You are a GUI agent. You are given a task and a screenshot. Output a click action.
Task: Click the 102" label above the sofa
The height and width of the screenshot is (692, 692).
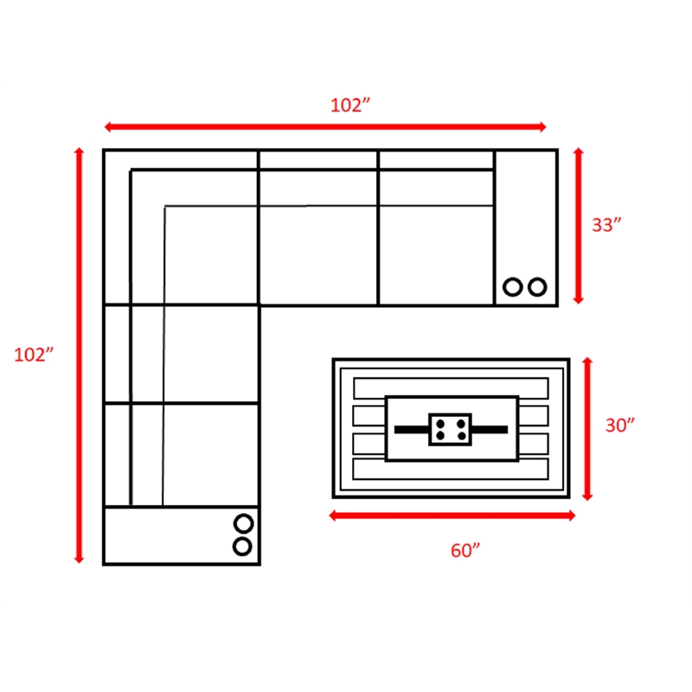coord(350,105)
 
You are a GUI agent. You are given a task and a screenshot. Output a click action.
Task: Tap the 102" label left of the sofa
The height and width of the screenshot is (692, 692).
coord(34,355)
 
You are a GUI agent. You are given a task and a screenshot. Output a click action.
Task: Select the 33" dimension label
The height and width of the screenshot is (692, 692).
coord(606,225)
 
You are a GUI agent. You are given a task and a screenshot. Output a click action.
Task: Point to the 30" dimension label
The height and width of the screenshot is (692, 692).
coord(619,426)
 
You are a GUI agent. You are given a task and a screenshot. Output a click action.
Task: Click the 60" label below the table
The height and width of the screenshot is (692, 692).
coord(465,551)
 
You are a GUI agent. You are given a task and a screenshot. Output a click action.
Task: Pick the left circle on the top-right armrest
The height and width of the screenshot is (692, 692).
coord(513,287)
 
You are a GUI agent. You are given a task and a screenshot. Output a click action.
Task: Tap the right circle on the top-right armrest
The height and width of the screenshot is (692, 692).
coord(537,287)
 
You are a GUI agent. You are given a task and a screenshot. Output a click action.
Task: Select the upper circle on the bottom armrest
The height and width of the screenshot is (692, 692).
coord(243,524)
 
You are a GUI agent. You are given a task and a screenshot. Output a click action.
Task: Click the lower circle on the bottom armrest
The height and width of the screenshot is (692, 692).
coord(242,547)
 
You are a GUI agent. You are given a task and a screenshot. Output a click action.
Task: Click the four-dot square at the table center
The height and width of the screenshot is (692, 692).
coord(450,429)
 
